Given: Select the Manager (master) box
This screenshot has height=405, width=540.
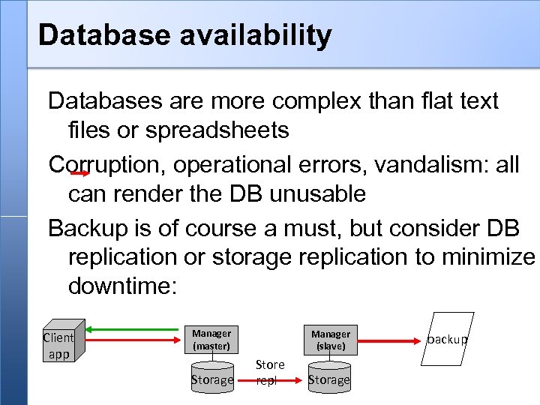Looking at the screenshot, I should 211,340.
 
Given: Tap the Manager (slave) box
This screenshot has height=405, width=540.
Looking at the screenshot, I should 331,340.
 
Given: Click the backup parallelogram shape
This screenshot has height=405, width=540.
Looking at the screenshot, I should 447,339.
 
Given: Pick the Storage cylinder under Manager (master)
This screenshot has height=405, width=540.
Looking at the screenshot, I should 212,377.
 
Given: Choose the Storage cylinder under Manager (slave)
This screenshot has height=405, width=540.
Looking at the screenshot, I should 329,377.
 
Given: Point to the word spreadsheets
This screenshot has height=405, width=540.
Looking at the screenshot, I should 217,130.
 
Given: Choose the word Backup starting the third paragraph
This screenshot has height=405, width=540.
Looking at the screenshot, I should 86,226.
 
